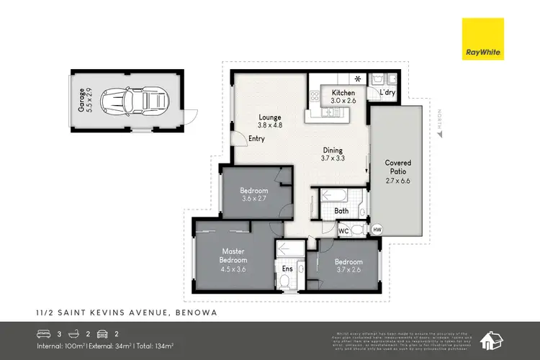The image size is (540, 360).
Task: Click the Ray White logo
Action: [484, 39]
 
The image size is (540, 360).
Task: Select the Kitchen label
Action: [343, 96]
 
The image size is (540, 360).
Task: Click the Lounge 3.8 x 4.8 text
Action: [270, 121]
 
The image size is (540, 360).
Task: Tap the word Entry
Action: [256, 138]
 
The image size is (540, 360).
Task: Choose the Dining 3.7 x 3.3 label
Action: [335, 155]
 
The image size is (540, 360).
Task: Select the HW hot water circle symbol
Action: [377, 230]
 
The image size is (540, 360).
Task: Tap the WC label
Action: [343, 231]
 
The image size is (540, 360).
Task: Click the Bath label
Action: [343, 211]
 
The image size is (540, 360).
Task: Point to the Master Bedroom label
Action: [233, 259]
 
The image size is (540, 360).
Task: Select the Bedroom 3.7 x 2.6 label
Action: [349, 266]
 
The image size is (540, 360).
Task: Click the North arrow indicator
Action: [441, 124]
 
